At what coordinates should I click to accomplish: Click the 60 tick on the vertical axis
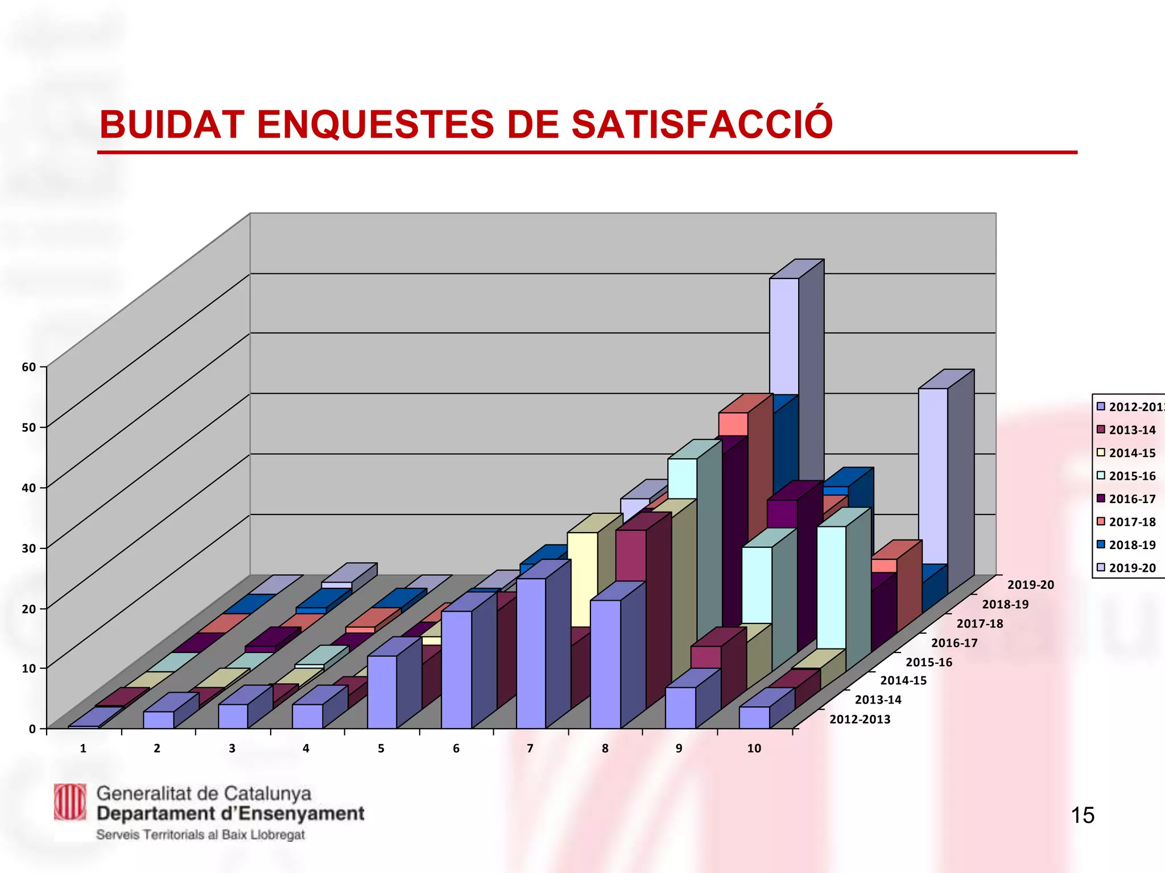pos(29,367)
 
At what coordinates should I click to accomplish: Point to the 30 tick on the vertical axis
pos(29,548)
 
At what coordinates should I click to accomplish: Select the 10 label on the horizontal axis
pos(754,749)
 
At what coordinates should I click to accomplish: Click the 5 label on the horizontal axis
pos(381,749)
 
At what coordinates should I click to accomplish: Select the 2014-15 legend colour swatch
pos(1101,453)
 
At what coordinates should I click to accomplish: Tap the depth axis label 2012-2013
pos(860,720)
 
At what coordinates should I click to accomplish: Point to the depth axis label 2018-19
pos(1005,604)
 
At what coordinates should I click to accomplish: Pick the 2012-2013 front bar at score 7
pos(531,654)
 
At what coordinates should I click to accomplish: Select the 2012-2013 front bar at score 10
pos(754,717)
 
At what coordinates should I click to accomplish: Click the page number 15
pos(1083,816)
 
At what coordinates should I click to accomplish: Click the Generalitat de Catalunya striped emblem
pos(70,802)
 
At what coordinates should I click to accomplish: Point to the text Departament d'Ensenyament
pos(230,814)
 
